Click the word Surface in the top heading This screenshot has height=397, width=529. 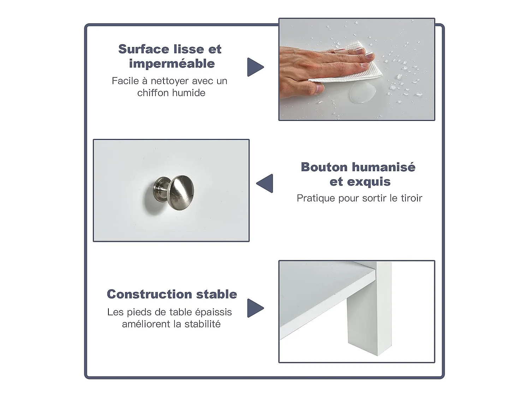(144, 49)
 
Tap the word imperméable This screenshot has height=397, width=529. (172, 64)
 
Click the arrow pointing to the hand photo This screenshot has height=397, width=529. (255, 67)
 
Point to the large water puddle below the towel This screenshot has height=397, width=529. (362, 92)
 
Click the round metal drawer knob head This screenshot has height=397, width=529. (181, 193)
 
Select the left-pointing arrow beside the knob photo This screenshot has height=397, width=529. (264, 183)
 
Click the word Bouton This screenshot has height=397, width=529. (324, 167)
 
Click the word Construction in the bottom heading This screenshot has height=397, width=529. (150, 294)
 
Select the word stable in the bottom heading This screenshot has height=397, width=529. (217, 294)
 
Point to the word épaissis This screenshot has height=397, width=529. (214, 313)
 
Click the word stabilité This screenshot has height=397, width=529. (202, 324)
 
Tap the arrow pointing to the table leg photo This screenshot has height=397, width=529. (255, 308)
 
